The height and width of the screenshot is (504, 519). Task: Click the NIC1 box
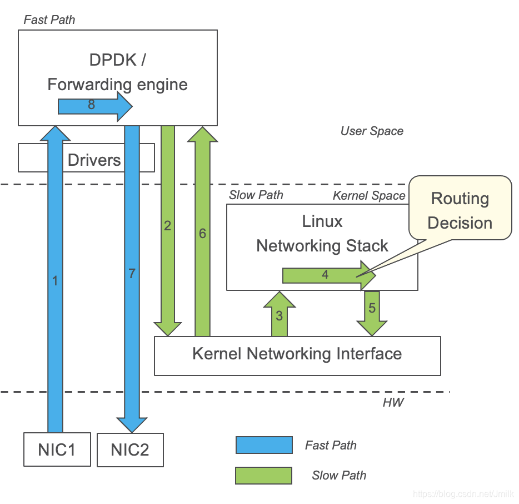click(57, 449)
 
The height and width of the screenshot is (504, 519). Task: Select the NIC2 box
click(130, 449)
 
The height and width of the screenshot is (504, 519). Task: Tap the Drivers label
click(94, 160)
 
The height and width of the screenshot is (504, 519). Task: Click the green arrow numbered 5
click(372, 312)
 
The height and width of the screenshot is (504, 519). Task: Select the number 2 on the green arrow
click(167, 226)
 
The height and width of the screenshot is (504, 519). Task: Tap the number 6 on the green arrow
click(202, 234)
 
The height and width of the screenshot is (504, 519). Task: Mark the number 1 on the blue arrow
click(54, 281)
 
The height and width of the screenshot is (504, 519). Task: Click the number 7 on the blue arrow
click(132, 274)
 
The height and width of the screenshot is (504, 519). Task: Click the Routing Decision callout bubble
click(460, 210)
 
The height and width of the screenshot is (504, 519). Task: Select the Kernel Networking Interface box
click(297, 354)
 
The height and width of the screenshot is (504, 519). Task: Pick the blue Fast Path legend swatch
click(264, 445)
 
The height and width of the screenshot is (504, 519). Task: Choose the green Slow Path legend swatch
click(264, 475)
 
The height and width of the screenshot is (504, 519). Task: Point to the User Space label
click(372, 131)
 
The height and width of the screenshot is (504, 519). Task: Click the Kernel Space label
click(369, 196)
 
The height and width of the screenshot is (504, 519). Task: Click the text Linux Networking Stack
click(322, 234)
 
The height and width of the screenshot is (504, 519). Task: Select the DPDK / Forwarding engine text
click(117, 72)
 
